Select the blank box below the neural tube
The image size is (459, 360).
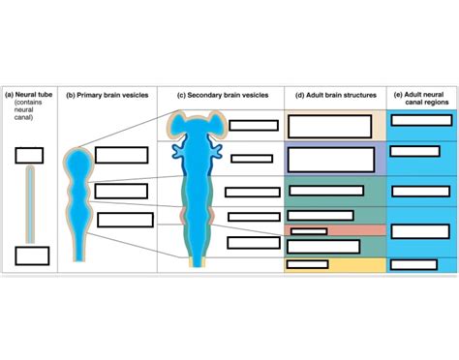point(32,255)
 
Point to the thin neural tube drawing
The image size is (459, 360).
point(30,203)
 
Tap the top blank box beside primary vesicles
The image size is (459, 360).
point(121,155)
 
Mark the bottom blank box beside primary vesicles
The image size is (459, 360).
point(125,219)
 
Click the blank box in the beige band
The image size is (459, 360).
point(329,126)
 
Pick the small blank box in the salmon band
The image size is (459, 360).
point(309,230)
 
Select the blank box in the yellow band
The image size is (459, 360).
point(308,262)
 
